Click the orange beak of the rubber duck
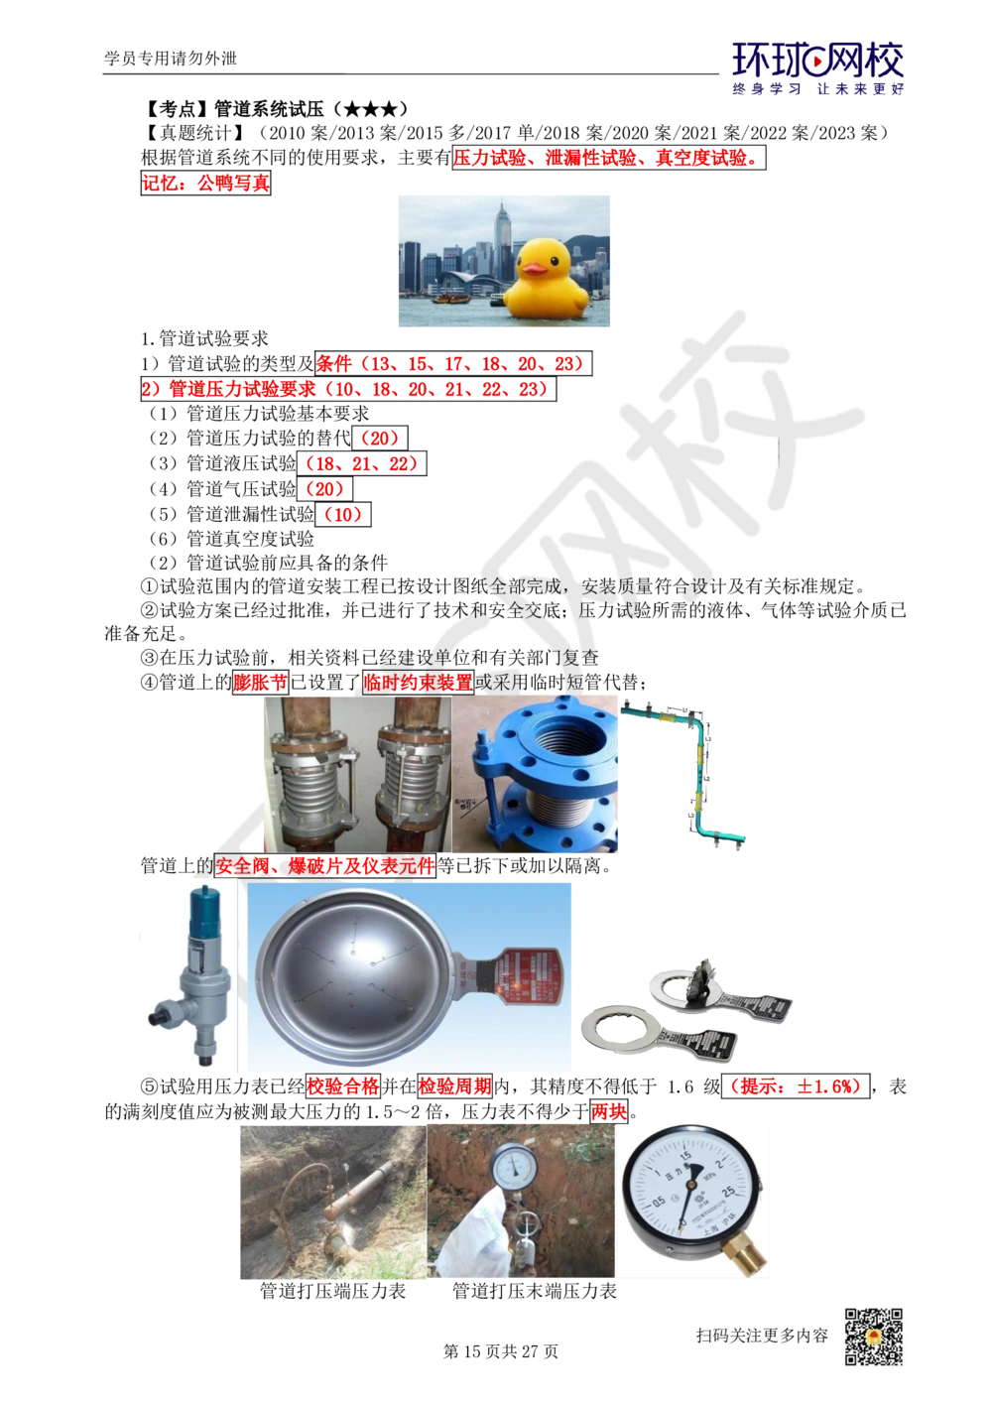click(536, 266)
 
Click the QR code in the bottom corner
click(873, 1337)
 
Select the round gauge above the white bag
click(513, 1167)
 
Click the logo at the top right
click(817, 67)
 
